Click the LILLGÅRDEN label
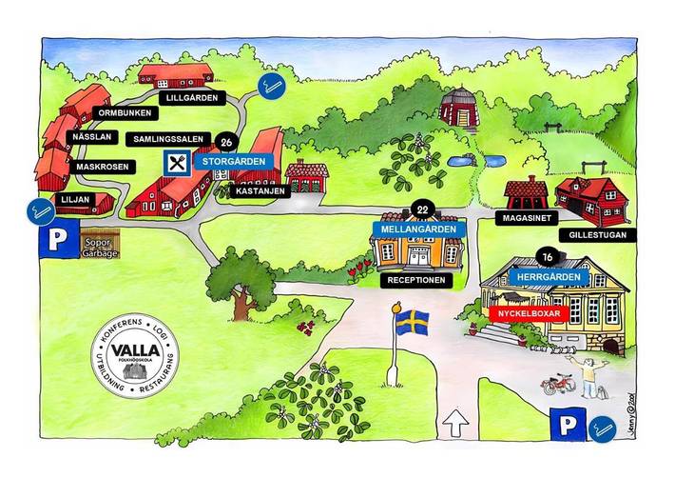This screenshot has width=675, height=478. [x=192, y=98]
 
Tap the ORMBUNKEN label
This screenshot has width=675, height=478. [x=125, y=115]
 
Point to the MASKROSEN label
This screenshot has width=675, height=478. [x=102, y=167]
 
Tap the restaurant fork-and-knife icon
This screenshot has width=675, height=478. [x=177, y=161]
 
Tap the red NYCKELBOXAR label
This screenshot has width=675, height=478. [x=525, y=311]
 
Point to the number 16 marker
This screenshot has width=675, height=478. [x=547, y=257]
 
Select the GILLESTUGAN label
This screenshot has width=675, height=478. [x=594, y=233]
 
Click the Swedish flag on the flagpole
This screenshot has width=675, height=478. [x=412, y=320]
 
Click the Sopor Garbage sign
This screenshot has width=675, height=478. [x=101, y=247]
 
